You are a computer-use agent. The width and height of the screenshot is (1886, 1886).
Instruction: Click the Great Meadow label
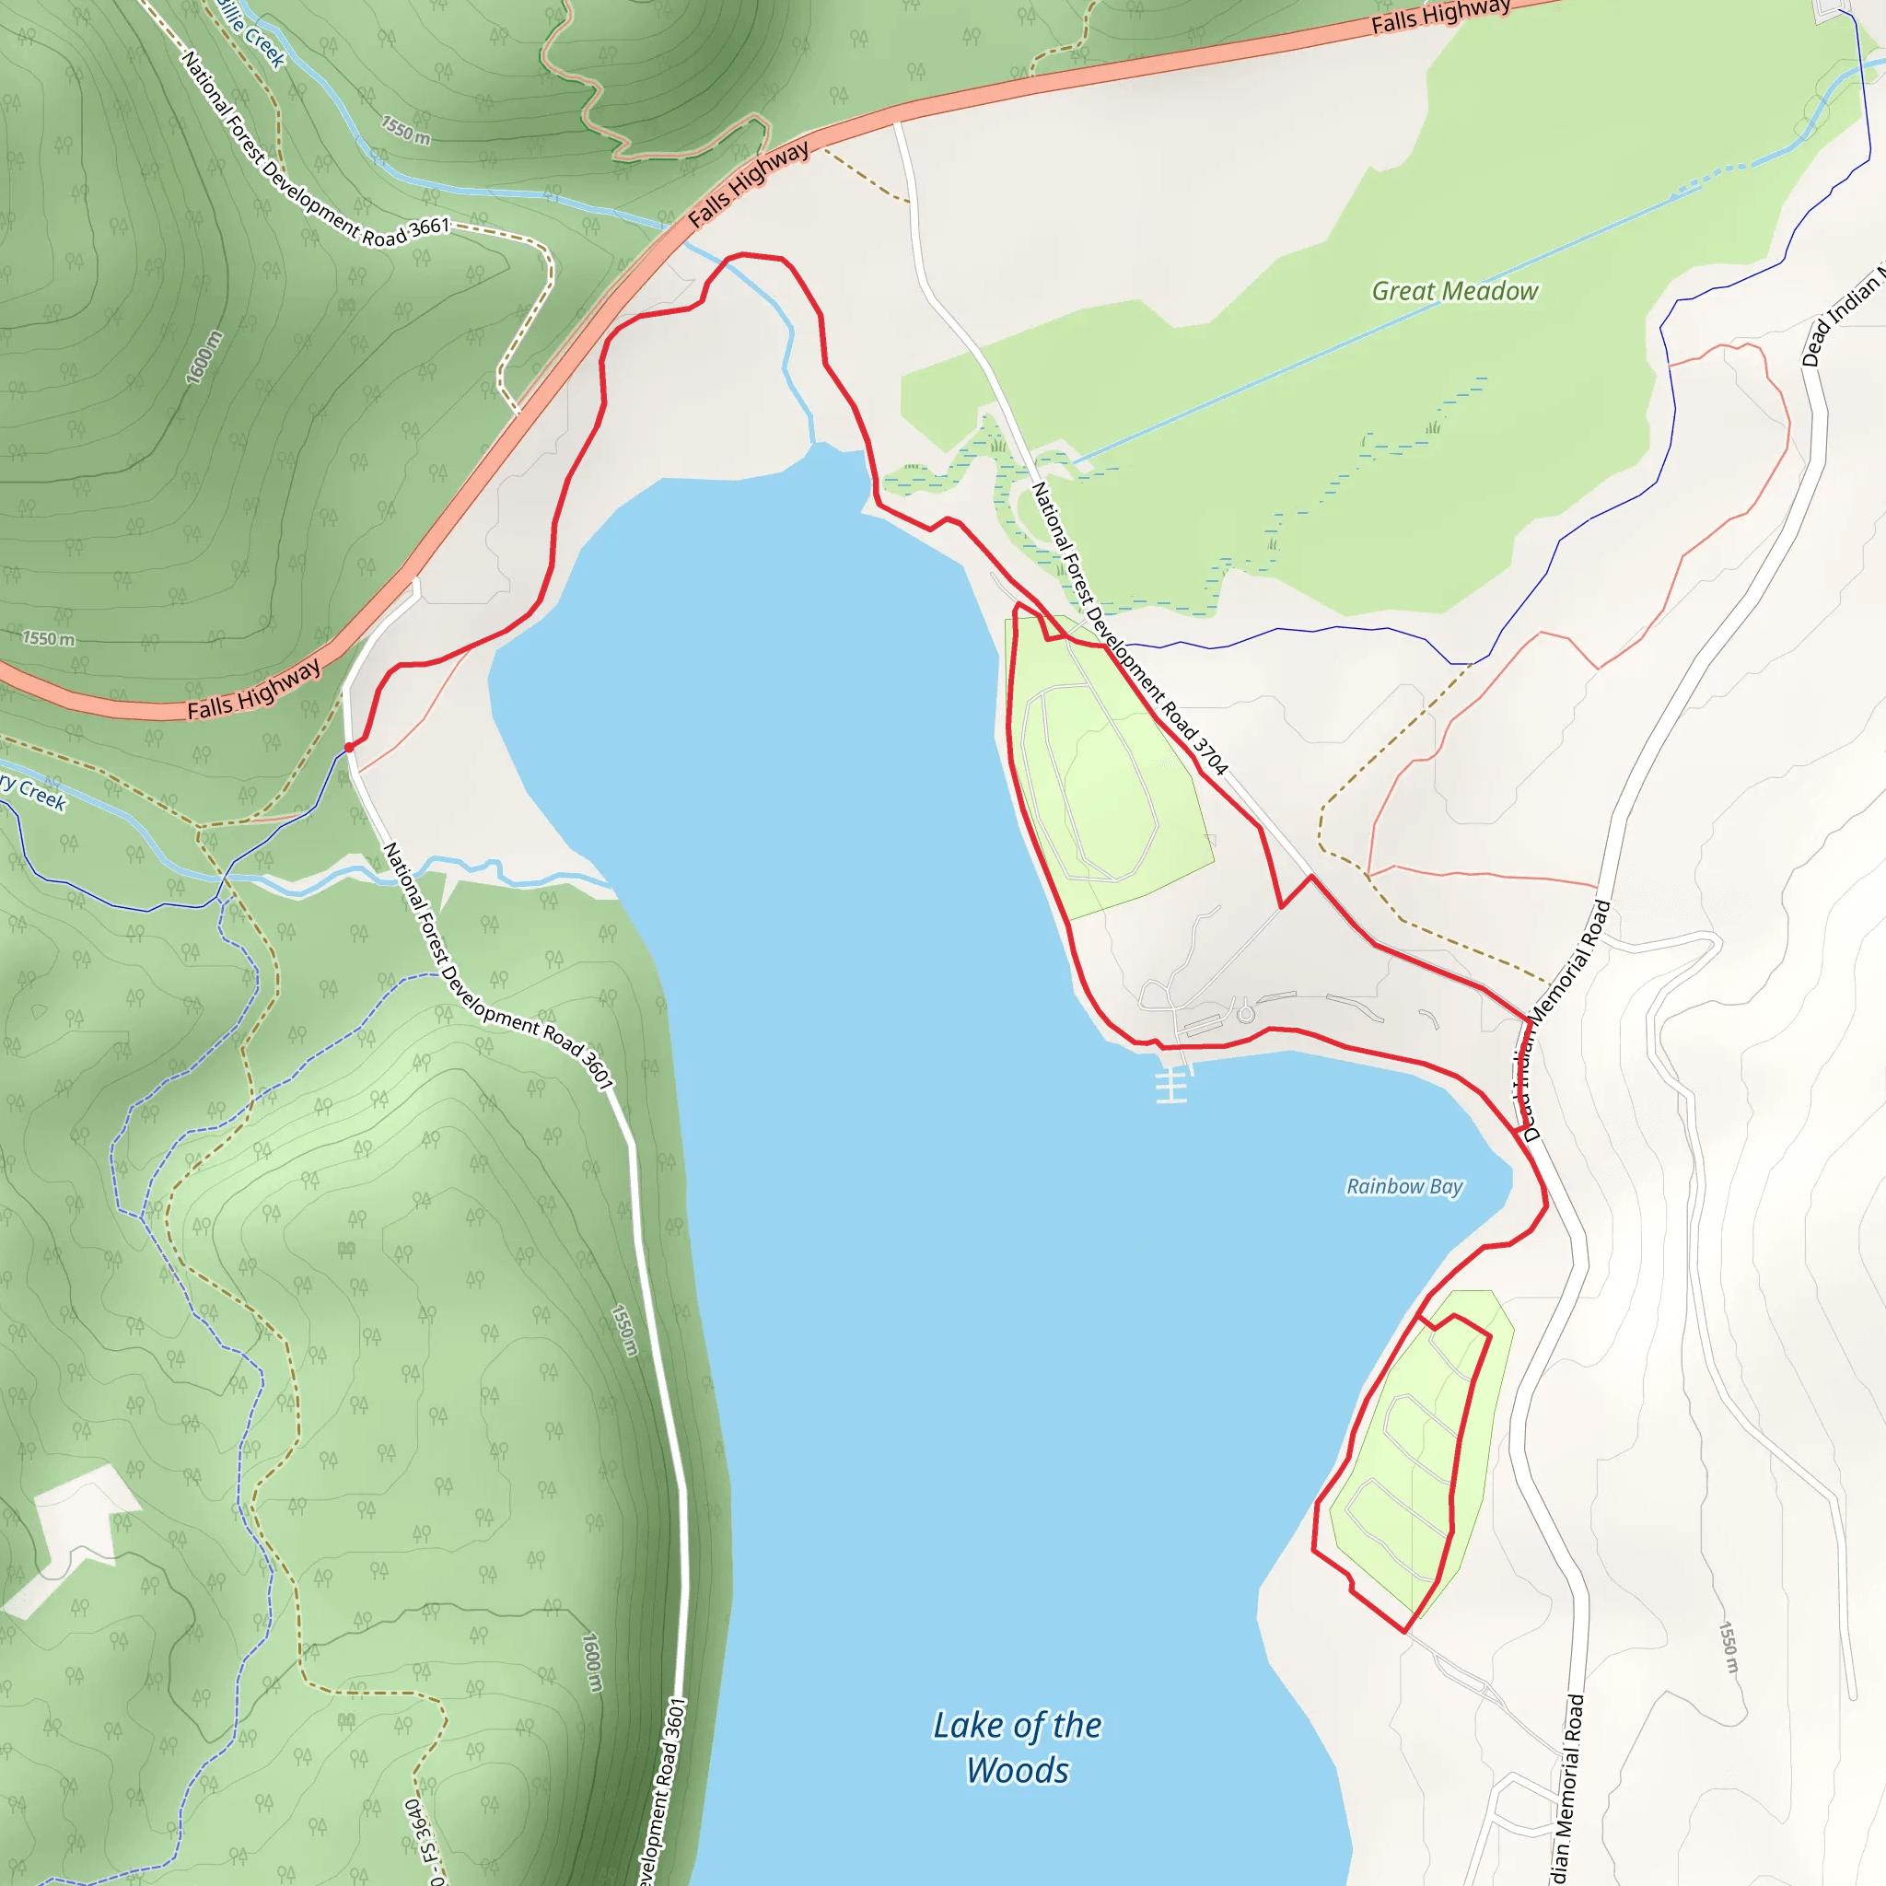click(1454, 291)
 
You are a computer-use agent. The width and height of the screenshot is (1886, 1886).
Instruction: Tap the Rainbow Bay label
click(1403, 1186)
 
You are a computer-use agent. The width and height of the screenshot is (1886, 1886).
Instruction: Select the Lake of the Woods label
click(1018, 1747)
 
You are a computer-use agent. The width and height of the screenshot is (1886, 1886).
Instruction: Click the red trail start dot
click(348, 747)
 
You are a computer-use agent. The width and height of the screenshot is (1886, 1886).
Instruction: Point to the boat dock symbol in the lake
click(1171, 1084)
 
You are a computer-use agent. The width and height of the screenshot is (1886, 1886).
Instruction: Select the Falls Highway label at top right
click(1440, 16)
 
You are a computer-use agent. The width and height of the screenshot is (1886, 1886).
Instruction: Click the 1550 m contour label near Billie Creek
click(405, 130)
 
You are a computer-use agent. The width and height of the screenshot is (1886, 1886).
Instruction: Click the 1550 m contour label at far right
click(1728, 1648)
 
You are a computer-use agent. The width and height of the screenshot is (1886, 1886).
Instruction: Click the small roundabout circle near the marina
click(1246, 1014)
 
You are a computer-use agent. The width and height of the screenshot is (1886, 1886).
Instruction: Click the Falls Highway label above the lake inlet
click(749, 183)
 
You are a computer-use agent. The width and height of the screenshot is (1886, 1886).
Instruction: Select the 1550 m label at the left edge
click(49, 638)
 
